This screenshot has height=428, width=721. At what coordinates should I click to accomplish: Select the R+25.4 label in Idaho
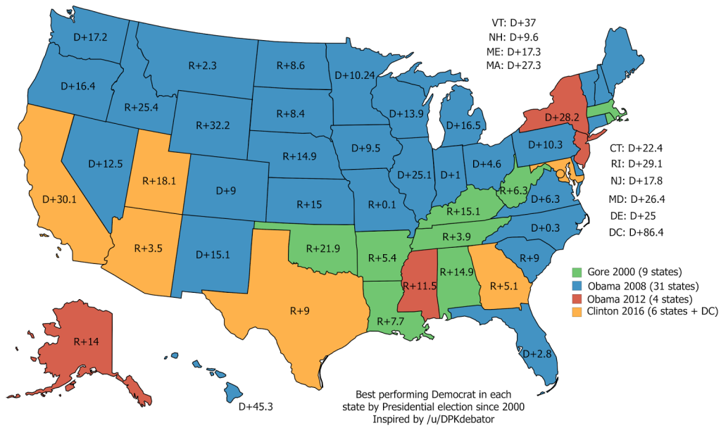coord(141,108)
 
